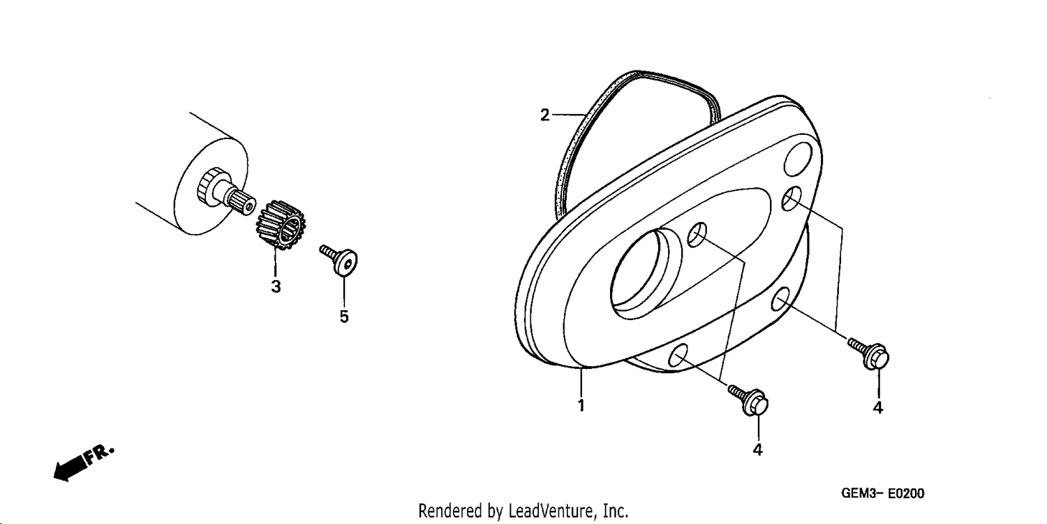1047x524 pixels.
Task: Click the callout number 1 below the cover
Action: (x=581, y=405)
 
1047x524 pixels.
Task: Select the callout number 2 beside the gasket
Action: (x=545, y=115)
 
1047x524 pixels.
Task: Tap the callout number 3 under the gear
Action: (x=276, y=286)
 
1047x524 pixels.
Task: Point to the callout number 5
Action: (x=344, y=316)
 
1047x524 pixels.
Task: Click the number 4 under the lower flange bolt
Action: (x=757, y=450)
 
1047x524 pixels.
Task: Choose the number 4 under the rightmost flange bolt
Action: (x=878, y=408)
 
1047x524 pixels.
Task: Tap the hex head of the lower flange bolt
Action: (x=756, y=403)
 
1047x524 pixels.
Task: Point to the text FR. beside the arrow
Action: (x=99, y=454)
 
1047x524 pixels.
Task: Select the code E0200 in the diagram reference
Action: (x=905, y=493)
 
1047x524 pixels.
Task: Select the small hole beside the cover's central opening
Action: (x=697, y=235)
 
